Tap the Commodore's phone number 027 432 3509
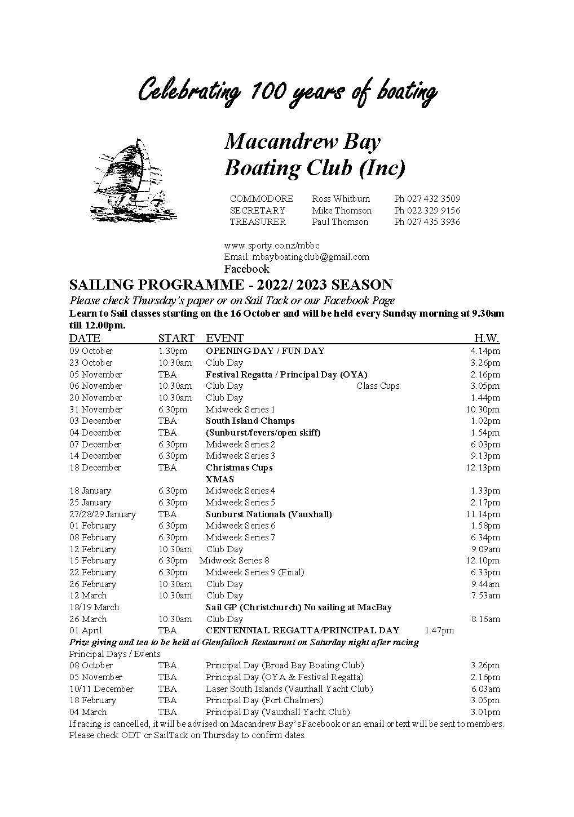(x=427, y=199)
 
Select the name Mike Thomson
(x=342, y=211)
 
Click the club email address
(x=297, y=257)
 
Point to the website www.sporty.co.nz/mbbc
(x=272, y=246)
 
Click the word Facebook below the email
(x=246, y=269)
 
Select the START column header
(x=176, y=338)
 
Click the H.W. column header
(x=486, y=338)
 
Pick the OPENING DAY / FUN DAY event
(x=265, y=351)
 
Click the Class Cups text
(x=378, y=386)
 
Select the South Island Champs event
(x=250, y=421)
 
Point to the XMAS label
(x=220, y=479)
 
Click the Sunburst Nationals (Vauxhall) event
(x=268, y=514)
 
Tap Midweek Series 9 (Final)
(x=254, y=572)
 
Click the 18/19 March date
(x=94, y=607)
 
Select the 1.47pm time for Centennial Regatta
(x=439, y=630)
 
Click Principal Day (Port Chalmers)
(x=264, y=700)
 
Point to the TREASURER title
(x=258, y=222)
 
